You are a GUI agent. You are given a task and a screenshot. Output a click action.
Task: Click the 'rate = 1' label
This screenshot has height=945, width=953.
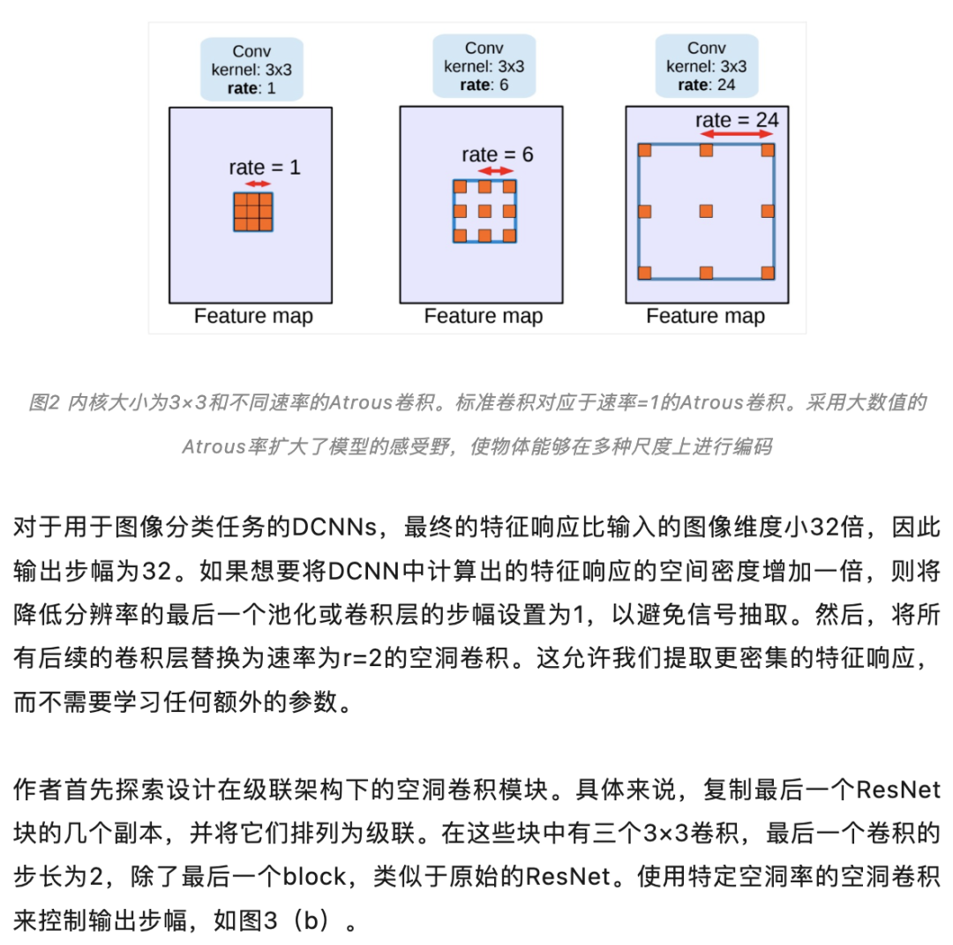point(264,167)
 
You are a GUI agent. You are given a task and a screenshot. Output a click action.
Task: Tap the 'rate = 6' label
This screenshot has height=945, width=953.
point(497,154)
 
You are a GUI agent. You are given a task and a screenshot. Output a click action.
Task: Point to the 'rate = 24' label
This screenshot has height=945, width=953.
point(737,120)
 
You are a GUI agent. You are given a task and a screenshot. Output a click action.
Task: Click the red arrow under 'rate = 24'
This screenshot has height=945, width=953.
point(737,134)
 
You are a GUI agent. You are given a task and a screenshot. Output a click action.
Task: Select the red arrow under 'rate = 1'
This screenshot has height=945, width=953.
point(258,184)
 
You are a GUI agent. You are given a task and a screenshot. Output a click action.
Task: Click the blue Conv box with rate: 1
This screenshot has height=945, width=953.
point(252,69)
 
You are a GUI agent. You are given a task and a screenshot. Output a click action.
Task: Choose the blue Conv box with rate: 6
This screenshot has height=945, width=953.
point(484,66)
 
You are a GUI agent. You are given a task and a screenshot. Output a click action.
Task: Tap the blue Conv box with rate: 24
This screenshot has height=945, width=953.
point(706,66)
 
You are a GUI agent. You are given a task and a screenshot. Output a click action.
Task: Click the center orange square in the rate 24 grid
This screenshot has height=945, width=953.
point(706,211)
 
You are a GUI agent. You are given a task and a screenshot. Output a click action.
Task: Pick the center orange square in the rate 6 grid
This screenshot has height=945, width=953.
point(484,211)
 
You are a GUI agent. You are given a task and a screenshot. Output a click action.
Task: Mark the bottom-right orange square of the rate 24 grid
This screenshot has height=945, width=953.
point(767,272)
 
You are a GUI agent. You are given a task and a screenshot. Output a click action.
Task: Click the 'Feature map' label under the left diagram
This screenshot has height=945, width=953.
point(253,316)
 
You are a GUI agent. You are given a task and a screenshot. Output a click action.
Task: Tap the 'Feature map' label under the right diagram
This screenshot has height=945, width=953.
point(705,316)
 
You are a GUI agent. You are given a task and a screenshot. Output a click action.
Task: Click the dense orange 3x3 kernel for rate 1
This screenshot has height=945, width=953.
point(253,212)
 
